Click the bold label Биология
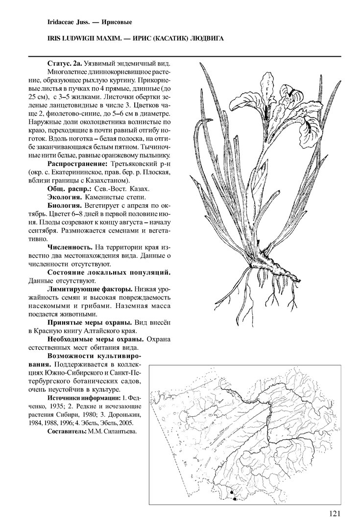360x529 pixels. click(x=65, y=205)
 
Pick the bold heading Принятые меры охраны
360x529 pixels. click(x=89, y=323)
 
